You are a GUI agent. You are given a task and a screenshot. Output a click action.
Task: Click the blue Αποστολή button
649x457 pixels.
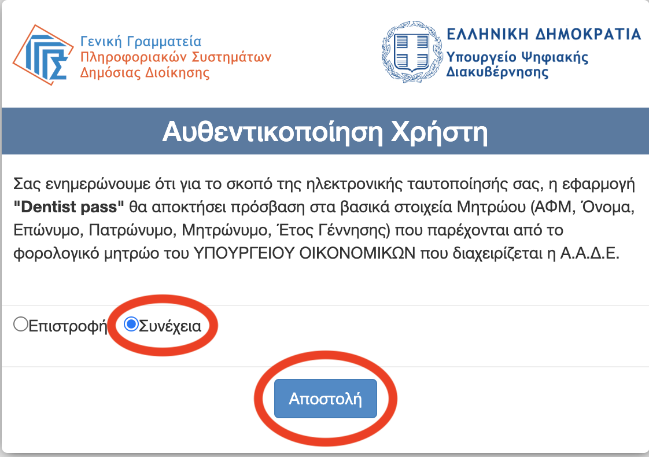pos(325,398)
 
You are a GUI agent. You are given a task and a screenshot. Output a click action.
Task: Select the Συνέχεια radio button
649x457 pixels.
pos(131,324)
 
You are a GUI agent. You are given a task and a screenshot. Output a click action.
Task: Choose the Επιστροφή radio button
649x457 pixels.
pos(20,324)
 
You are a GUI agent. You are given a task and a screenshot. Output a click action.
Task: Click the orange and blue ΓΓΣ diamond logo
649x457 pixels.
pos(43,54)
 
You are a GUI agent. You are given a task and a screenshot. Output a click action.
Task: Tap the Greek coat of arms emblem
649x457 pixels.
pos(412,51)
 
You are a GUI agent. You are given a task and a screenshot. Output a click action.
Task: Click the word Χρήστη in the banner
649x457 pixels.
pos(439,132)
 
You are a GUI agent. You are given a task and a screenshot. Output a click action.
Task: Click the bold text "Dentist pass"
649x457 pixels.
pos(69,207)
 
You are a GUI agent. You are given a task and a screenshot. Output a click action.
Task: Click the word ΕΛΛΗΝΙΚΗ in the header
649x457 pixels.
pos(488,34)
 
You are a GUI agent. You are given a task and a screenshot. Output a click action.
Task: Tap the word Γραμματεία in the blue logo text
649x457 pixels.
pos(164,42)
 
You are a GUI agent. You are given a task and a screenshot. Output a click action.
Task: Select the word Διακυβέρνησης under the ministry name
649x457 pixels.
pos(497,72)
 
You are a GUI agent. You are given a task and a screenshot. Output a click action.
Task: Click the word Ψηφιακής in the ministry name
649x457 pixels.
pos(554,57)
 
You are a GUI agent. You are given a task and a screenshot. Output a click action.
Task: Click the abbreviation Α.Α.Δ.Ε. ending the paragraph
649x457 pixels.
pos(589,253)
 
